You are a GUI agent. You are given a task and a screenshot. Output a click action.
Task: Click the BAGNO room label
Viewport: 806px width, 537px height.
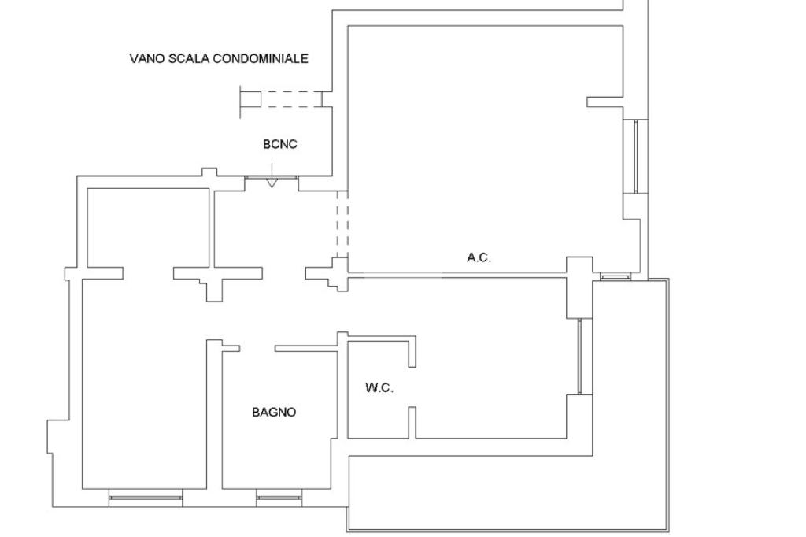(x=274, y=412)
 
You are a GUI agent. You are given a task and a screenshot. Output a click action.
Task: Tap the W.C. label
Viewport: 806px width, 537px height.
(x=379, y=387)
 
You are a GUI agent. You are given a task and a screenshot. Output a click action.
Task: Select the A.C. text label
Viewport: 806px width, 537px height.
(x=479, y=257)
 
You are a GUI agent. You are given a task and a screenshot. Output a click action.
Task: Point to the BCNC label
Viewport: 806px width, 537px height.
(x=279, y=144)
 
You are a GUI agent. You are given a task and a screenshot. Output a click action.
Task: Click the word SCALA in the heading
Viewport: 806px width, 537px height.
(x=190, y=58)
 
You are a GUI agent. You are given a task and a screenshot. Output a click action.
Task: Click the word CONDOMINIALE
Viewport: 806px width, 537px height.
(x=262, y=58)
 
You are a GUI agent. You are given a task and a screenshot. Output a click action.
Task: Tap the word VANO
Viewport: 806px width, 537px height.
(x=146, y=58)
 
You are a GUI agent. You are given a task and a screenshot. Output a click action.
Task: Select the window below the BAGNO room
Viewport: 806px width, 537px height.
(x=279, y=497)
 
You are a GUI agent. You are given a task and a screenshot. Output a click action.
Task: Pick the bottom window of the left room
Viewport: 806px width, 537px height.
(x=146, y=497)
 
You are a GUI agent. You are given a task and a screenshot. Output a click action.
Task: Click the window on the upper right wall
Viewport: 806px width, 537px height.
(x=636, y=156)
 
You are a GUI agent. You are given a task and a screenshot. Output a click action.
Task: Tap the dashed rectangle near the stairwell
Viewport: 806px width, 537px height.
(x=291, y=99)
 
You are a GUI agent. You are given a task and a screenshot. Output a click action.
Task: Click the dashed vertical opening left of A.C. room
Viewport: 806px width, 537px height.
(x=342, y=224)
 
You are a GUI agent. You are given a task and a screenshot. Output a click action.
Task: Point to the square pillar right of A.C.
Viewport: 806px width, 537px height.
(x=579, y=271)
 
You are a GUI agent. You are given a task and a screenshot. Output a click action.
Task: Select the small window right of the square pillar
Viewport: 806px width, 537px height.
(x=615, y=276)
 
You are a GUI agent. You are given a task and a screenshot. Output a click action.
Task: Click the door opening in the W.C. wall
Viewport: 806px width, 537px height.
(x=412, y=387)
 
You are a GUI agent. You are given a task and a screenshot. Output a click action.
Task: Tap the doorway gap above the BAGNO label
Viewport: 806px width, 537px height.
(x=257, y=348)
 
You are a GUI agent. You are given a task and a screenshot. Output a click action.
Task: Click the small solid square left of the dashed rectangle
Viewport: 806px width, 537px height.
(x=250, y=99)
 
